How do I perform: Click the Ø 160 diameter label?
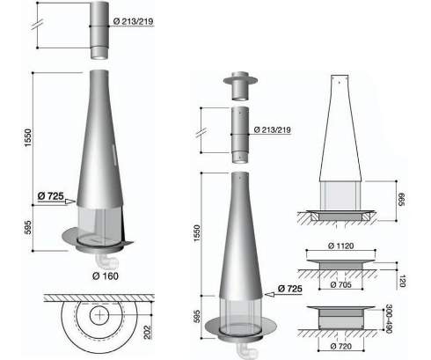[106, 276]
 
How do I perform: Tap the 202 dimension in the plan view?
[148, 332]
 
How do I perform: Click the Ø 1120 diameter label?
[340, 246]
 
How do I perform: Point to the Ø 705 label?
[340, 284]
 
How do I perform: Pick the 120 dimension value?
[402, 281]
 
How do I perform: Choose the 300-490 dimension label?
[389, 319]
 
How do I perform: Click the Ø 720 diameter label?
[341, 346]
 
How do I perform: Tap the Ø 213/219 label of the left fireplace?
[133, 21]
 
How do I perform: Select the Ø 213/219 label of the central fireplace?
[273, 129]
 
